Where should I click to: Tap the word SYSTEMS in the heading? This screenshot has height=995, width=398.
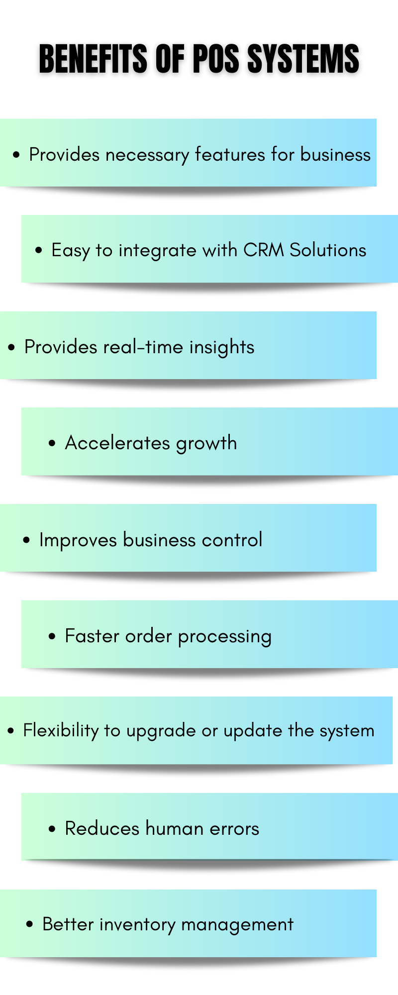coord(303,59)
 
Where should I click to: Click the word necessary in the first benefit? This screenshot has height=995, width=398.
coord(147,155)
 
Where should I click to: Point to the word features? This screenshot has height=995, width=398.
coord(230,154)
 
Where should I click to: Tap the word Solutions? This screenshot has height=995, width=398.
coord(328,250)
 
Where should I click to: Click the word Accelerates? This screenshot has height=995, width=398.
coord(117,443)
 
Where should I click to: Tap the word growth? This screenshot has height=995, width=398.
coord(206,443)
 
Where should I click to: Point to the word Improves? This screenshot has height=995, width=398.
coord(78,540)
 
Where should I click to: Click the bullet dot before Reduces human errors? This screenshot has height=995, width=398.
coord(52,829)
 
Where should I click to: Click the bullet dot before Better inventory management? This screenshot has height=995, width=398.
coord(30,924)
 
